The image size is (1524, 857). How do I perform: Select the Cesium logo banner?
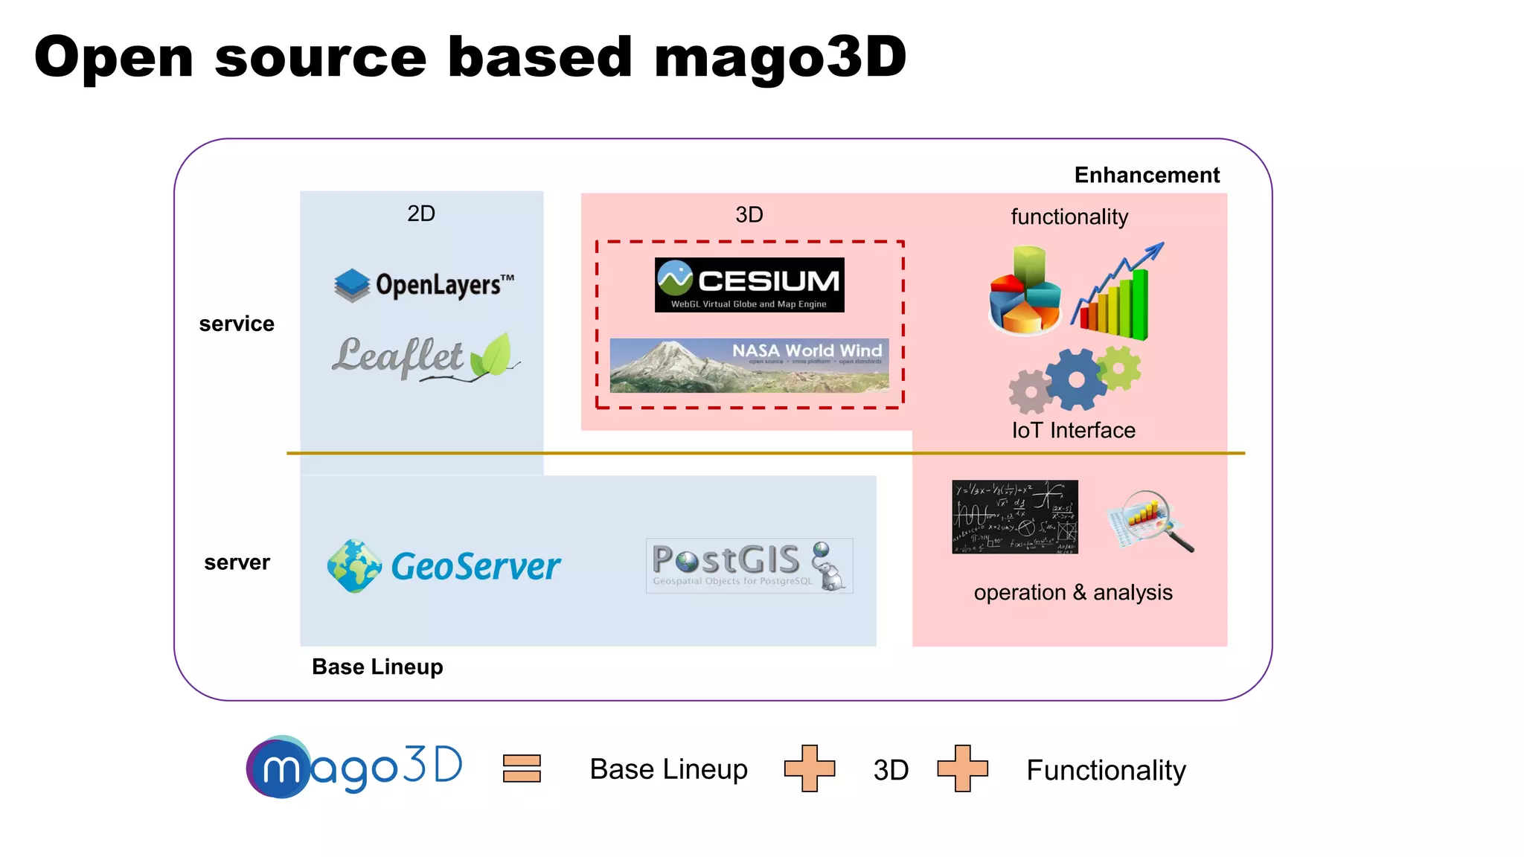pyautogui.click(x=749, y=285)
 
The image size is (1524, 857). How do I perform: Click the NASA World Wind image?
pyautogui.click(x=749, y=365)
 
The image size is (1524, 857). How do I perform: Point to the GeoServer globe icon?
pyautogui.click(x=354, y=566)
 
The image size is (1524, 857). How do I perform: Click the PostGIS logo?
pyautogui.click(x=749, y=566)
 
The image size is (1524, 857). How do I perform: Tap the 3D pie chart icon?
pyautogui.click(x=1025, y=291)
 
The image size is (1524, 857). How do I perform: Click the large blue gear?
pyautogui.click(x=1075, y=379)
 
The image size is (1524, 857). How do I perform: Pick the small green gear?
pyautogui.click(x=1118, y=367)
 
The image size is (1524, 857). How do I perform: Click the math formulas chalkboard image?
pyautogui.click(x=1014, y=517)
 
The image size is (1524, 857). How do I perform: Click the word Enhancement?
pyautogui.click(x=1146, y=176)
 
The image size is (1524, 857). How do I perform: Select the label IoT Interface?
pyautogui.click(x=1073, y=431)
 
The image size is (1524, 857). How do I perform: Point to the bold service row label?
pyautogui.click(x=237, y=324)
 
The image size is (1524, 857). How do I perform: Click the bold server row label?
pyautogui.click(x=237, y=563)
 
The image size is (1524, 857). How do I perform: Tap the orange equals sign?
pyautogui.click(x=522, y=768)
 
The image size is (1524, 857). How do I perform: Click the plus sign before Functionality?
pyautogui.click(x=962, y=768)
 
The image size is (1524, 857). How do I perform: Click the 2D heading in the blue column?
pyautogui.click(x=421, y=214)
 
